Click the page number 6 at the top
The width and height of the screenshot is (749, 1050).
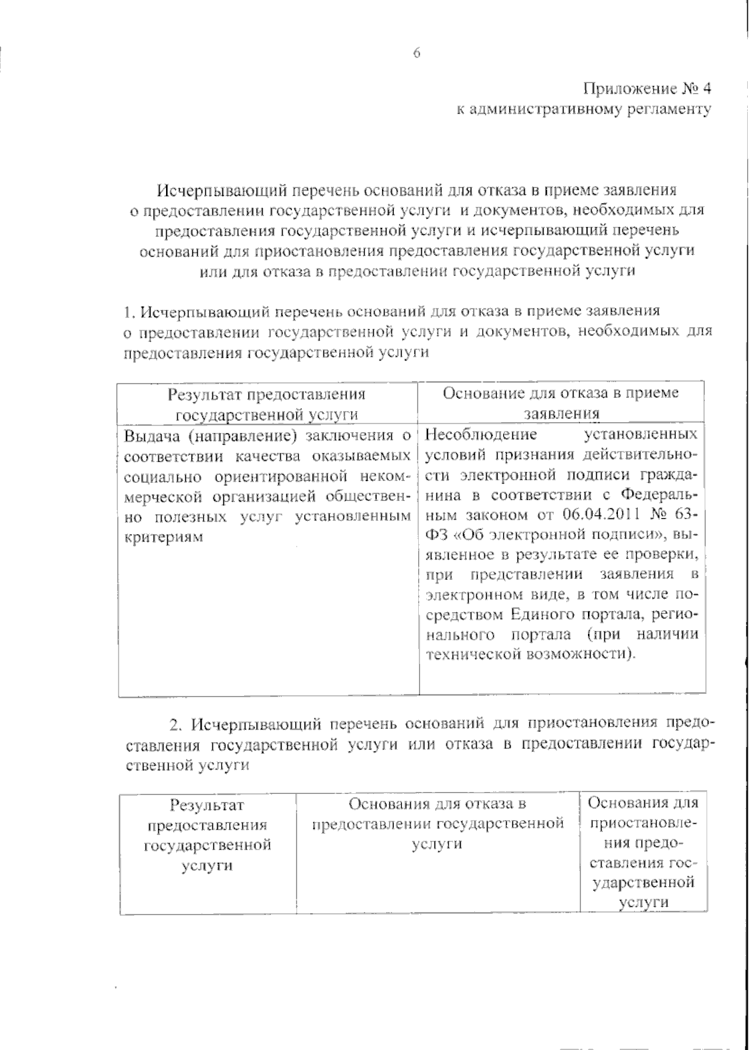click(x=417, y=54)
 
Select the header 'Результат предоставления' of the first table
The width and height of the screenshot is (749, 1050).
click(x=267, y=395)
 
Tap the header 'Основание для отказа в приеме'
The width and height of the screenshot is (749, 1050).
click(x=561, y=393)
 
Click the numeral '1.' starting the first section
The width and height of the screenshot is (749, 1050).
click(x=129, y=311)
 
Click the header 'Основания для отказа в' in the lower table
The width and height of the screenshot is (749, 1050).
click(x=437, y=803)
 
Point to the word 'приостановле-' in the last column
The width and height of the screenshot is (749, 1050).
click(x=643, y=823)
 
